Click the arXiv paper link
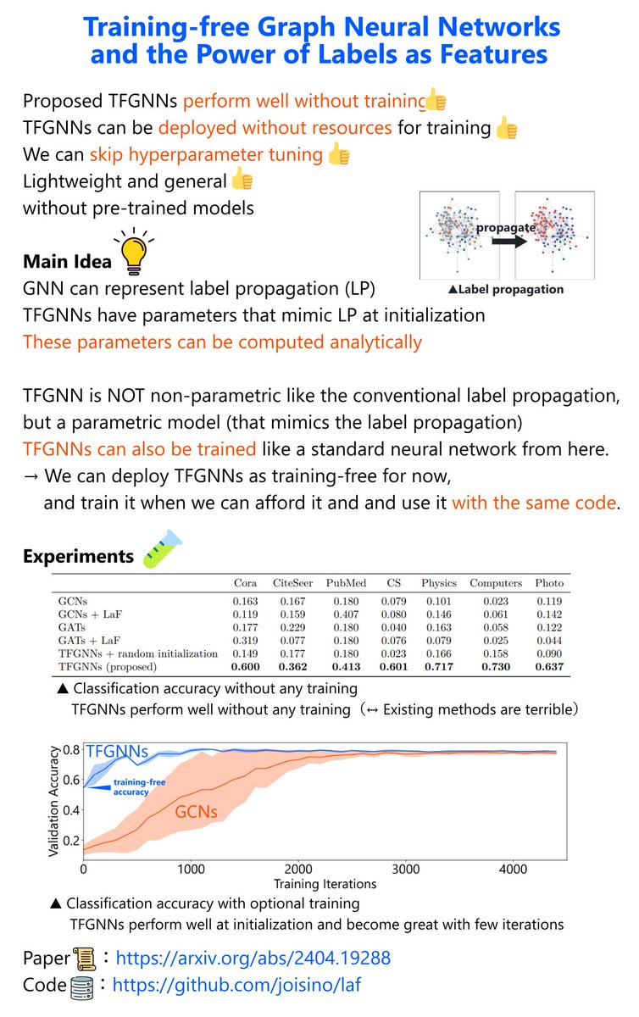coord(253,959)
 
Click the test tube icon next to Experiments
coord(160,552)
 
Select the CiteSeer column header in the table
coord(293,583)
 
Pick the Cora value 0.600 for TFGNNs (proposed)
coord(245,667)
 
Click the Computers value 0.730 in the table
coord(496,667)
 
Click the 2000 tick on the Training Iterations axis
coord(297,870)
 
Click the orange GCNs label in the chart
coord(197,812)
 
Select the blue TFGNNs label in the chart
coord(118,752)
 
